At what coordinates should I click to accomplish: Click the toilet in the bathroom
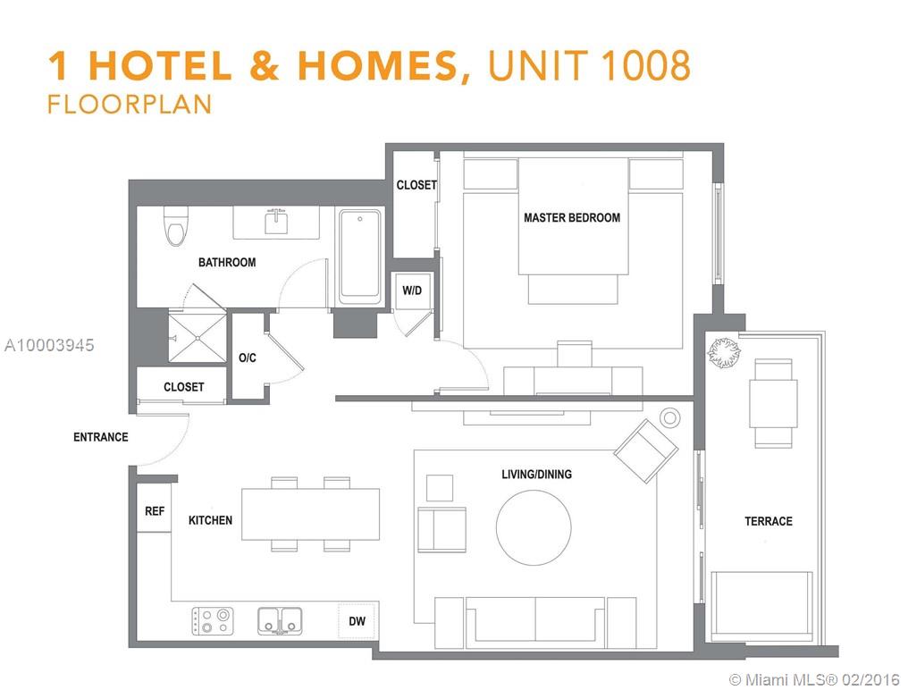pyautogui.click(x=177, y=226)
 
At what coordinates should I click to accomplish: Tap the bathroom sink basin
pyautogui.click(x=276, y=223)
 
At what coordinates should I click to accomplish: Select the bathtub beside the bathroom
pyautogui.click(x=360, y=257)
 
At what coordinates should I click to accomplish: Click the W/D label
pyautogui.click(x=412, y=290)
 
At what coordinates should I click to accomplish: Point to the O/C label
pyautogui.click(x=248, y=358)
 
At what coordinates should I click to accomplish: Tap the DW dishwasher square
pyautogui.click(x=357, y=621)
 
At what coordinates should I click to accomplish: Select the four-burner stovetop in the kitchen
pyautogui.click(x=213, y=621)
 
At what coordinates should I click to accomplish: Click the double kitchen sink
pyautogui.click(x=280, y=621)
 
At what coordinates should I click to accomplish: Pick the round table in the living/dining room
pyautogui.click(x=534, y=527)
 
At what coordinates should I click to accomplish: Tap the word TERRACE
pyautogui.click(x=769, y=521)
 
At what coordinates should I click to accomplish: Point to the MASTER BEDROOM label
pyautogui.click(x=572, y=218)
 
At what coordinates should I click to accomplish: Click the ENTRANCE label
pyautogui.click(x=101, y=437)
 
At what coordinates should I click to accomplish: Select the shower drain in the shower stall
pyautogui.click(x=198, y=338)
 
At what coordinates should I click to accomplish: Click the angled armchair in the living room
pyautogui.click(x=645, y=450)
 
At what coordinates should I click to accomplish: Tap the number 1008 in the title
pyautogui.click(x=645, y=64)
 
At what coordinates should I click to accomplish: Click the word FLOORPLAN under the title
pyautogui.click(x=130, y=105)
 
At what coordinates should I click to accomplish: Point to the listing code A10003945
pyautogui.click(x=49, y=345)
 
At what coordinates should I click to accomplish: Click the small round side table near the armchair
pyautogui.click(x=670, y=417)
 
